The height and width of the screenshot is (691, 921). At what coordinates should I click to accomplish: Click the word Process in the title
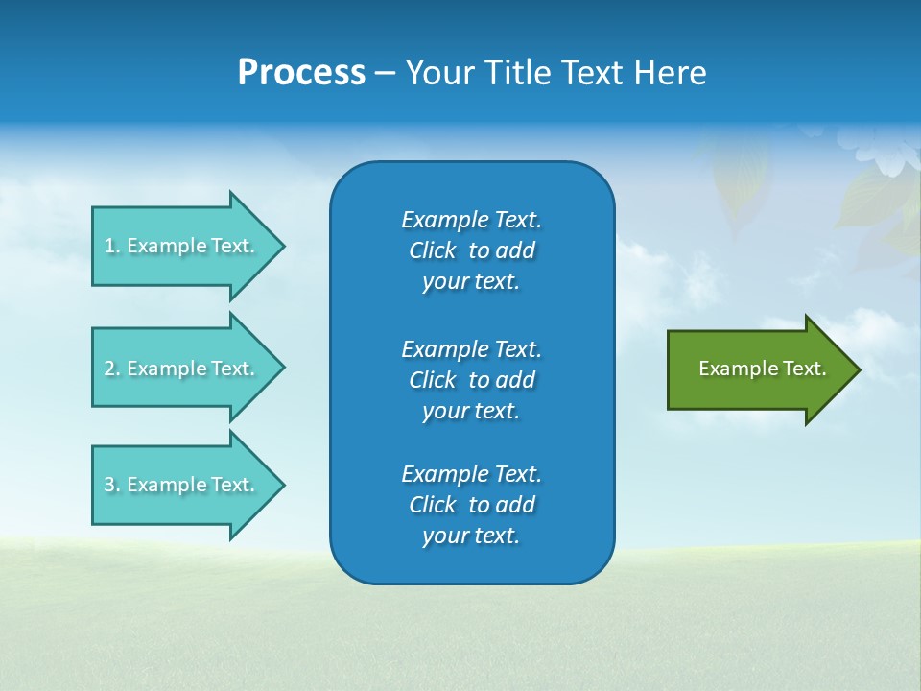pyautogui.click(x=301, y=73)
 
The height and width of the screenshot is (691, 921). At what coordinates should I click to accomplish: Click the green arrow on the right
pyautogui.click(x=758, y=369)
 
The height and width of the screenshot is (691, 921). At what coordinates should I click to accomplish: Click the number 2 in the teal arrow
pyautogui.click(x=109, y=369)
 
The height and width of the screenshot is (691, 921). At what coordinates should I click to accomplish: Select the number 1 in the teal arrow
pyautogui.click(x=109, y=246)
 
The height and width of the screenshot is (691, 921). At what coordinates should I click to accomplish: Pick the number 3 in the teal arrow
pyautogui.click(x=109, y=485)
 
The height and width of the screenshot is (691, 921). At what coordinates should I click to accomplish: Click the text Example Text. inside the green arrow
pyautogui.click(x=763, y=369)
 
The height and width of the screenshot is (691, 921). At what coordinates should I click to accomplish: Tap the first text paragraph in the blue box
pyautogui.click(x=471, y=250)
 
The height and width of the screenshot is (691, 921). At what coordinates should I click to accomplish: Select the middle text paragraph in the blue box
pyautogui.click(x=471, y=379)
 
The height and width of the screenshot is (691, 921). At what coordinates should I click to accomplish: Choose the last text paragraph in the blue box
pyautogui.click(x=471, y=505)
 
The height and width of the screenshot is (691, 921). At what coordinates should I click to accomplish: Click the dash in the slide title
pyautogui.click(x=386, y=73)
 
